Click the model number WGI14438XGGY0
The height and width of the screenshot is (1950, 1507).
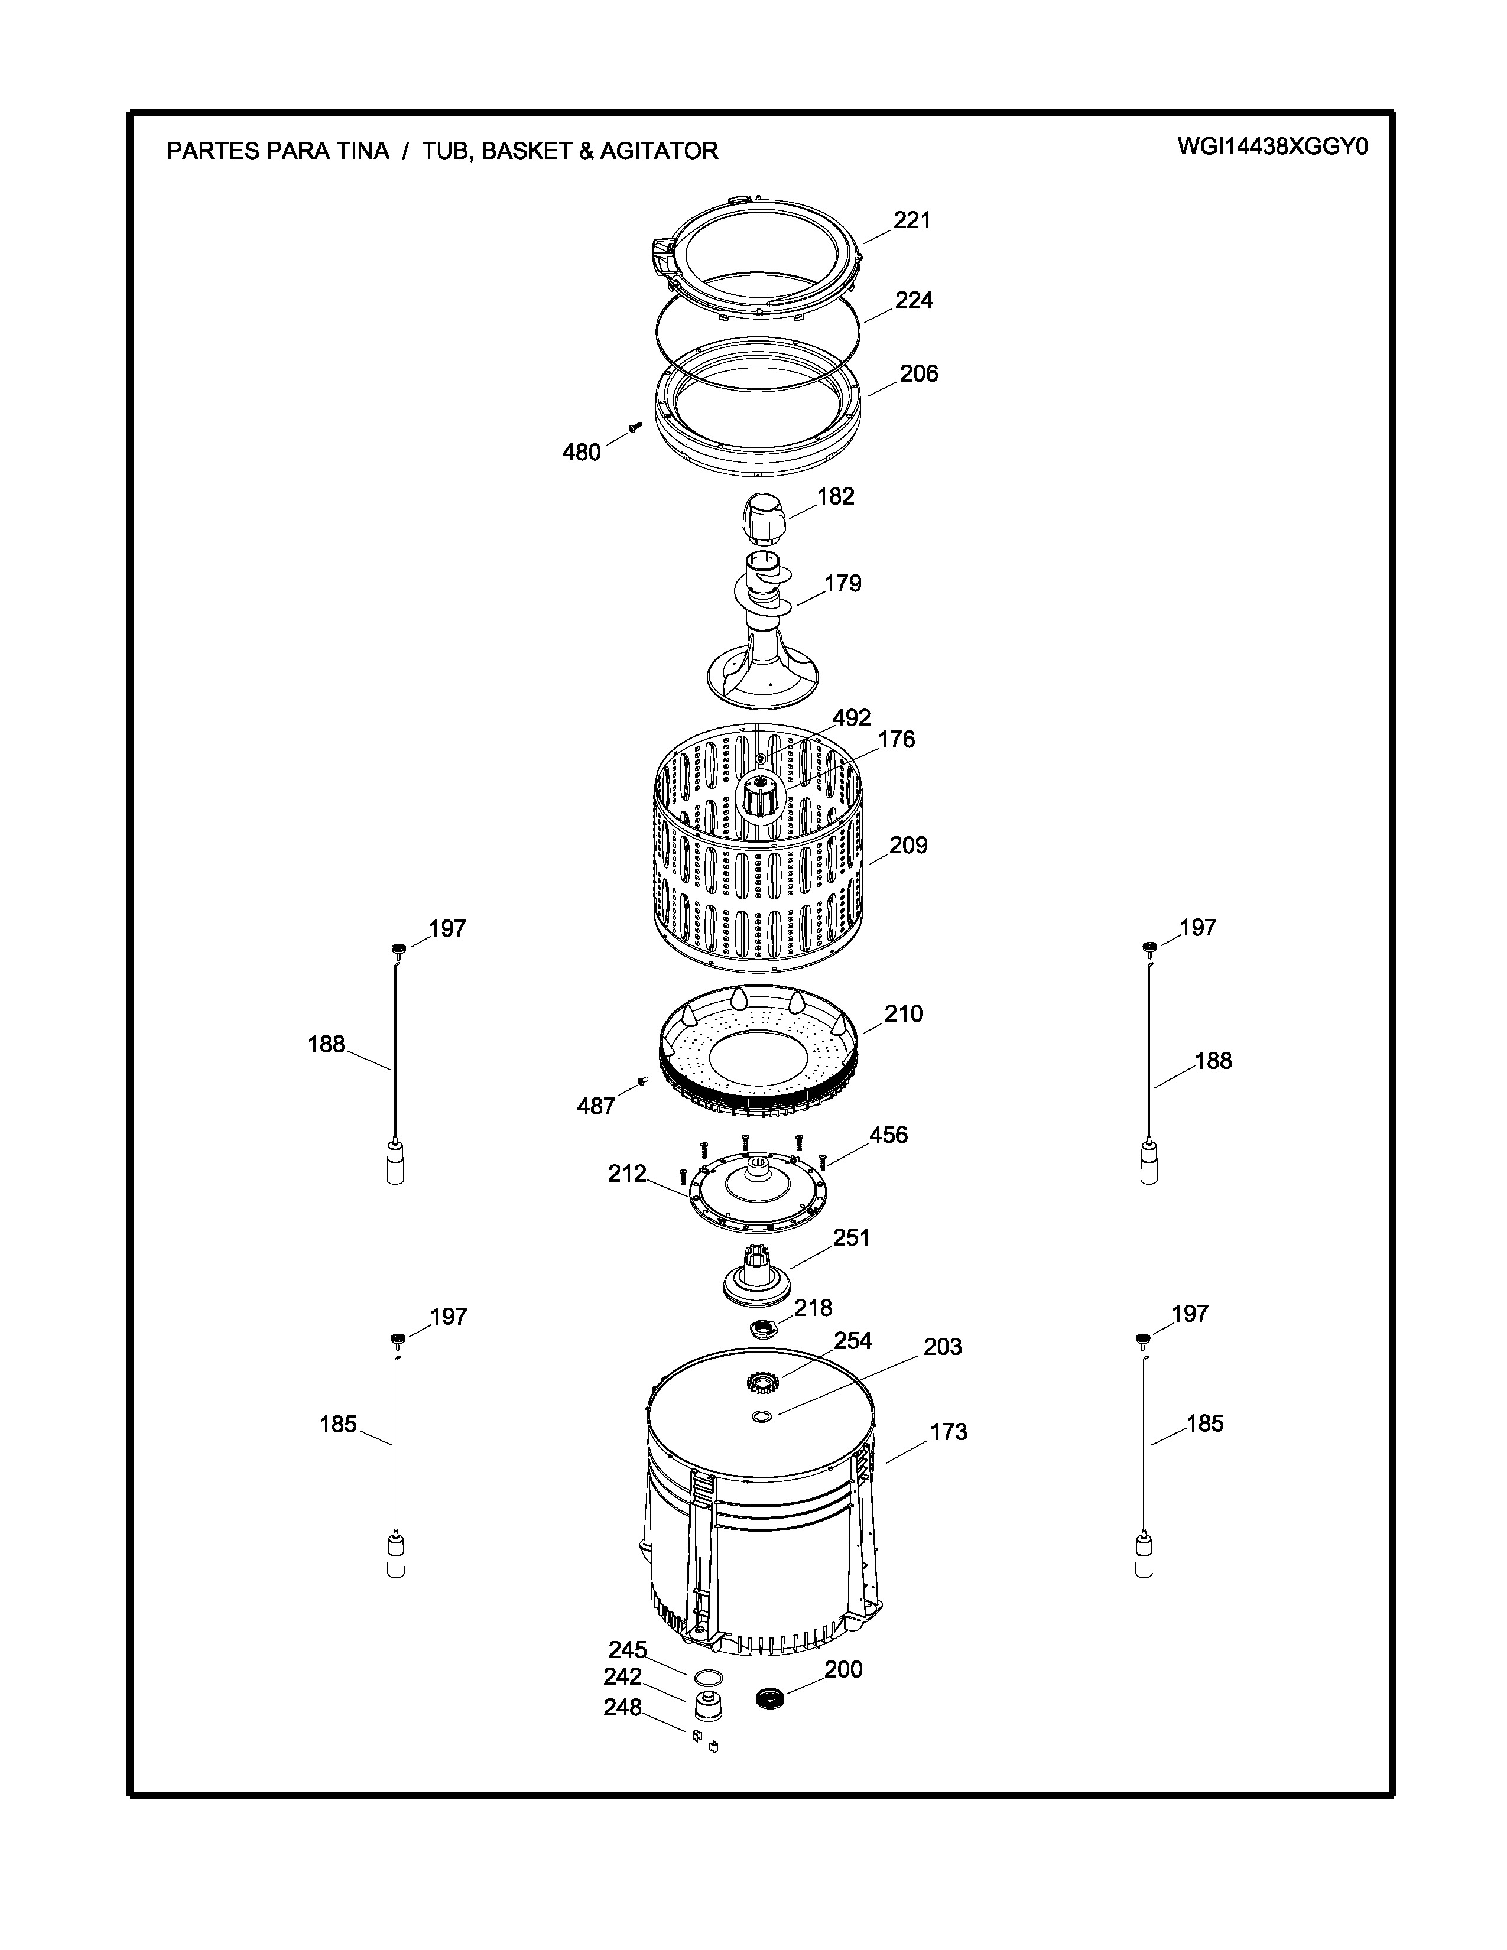[x=1272, y=147]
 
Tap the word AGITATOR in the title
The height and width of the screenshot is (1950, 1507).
[x=659, y=151]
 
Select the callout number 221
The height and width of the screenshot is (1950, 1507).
[x=912, y=220]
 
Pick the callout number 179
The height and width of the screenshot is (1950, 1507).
[x=842, y=583]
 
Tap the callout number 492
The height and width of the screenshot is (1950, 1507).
[x=852, y=718]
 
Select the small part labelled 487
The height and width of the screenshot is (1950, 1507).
[x=641, y=1081]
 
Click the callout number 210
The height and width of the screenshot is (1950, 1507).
[x=904, y=1013]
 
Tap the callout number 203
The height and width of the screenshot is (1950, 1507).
[x=943, y=1347]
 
